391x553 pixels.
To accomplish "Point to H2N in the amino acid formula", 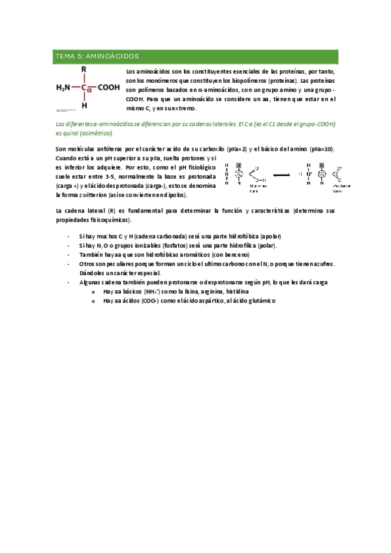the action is (64, 87).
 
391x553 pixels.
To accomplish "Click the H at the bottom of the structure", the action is (84, 104).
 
